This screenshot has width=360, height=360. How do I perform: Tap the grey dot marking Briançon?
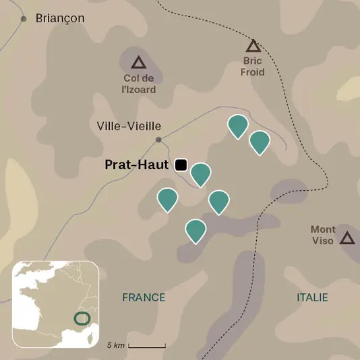pos(24,18)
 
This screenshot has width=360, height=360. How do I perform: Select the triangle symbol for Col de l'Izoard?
pos(139,63)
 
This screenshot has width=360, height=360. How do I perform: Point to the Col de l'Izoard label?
pos(140,84)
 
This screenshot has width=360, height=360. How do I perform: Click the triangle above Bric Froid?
pos(253,46)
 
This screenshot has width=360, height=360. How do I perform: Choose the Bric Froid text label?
pos(253,67)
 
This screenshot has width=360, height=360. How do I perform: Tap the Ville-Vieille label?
pos(129,125)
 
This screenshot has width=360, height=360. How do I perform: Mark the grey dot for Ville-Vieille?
pos(158,140)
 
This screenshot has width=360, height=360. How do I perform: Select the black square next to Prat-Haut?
pos(180,164)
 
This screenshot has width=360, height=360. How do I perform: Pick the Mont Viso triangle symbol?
pos(347,237)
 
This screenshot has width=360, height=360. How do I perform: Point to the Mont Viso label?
pos(323,235)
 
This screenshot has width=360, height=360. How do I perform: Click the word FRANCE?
pos(144,297)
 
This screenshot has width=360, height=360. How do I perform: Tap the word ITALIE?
pos(312,297)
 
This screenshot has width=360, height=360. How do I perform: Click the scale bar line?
pos(147,347)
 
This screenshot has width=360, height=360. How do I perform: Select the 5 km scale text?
pos(116,345)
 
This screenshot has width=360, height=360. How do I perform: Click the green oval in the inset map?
pos(82,317)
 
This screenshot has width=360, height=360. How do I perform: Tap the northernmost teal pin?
pos(237,125)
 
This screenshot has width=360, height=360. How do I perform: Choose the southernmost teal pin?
pos(196,230)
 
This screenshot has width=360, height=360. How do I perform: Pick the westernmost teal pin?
pos(167,199)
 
